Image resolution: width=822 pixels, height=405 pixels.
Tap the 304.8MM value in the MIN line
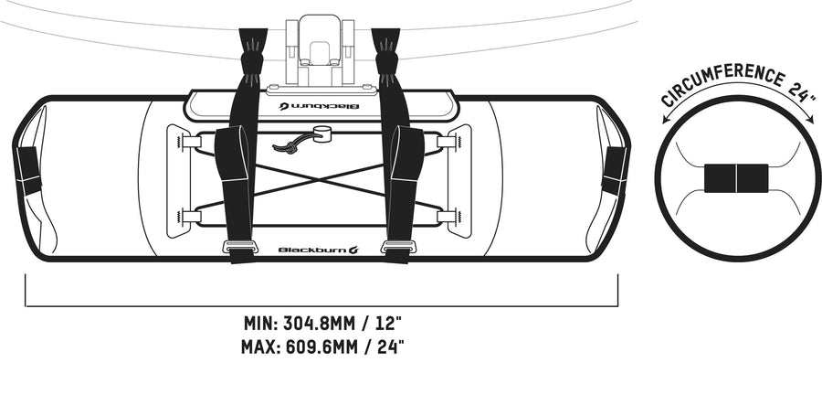pos(321,323)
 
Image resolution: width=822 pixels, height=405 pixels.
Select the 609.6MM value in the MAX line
pos(321,346)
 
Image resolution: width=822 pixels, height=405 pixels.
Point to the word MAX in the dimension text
pos(260,346)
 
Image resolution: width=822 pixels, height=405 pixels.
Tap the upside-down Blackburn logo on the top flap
pos(319,106)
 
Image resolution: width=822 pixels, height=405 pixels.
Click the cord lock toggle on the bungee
pos(321,133)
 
